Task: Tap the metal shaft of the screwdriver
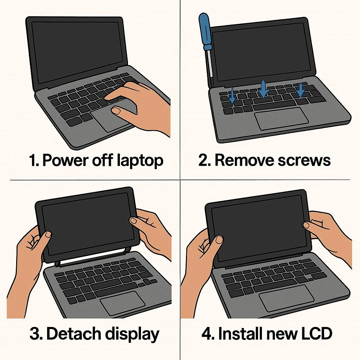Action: coord(210,64)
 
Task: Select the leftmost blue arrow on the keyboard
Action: coord(232,96)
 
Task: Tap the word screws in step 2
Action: coord(304,160)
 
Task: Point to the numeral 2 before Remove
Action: coord(203,160)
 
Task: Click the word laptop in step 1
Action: coord(140,161)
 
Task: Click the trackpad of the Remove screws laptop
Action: coord(282,118)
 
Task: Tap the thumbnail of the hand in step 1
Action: coord(116,110)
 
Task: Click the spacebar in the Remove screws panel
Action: coord(274,106)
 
